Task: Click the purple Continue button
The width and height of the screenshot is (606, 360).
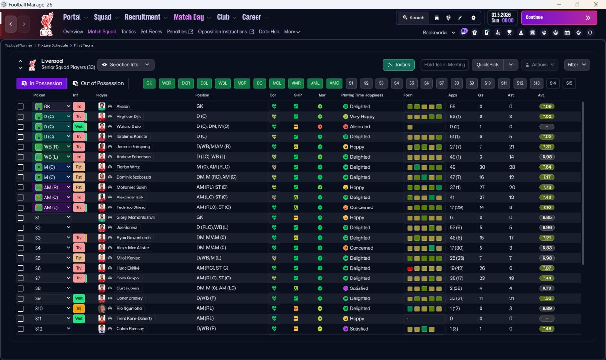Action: pos(559,18)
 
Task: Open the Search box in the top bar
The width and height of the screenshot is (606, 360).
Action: pos(413,18)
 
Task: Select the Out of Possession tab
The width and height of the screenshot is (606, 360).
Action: pos(98,83)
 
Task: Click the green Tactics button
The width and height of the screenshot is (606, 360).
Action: pos(399,65)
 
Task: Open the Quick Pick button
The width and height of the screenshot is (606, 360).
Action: pos(487,65)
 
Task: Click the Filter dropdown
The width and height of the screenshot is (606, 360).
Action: pos(577,65)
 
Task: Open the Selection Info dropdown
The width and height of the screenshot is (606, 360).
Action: pos(126,65)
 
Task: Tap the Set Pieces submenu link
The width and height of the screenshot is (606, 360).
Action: pos(151,32)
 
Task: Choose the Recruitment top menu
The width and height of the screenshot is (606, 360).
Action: pos(143,18)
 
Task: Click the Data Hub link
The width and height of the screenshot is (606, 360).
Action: pos(269,32)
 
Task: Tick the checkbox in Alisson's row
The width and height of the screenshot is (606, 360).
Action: pos(20,107)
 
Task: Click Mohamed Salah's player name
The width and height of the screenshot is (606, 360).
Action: pos(132,187)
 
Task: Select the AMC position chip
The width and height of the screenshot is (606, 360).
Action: pos(334,83)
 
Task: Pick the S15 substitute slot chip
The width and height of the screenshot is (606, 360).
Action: pos(569,83)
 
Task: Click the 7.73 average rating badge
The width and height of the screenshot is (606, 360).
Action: pos(547,187)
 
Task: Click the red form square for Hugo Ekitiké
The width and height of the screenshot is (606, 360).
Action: pos(410,269)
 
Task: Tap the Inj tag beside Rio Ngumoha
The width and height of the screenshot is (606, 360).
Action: pos(79,308)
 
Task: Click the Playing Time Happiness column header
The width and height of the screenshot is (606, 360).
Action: pos(362,95)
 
